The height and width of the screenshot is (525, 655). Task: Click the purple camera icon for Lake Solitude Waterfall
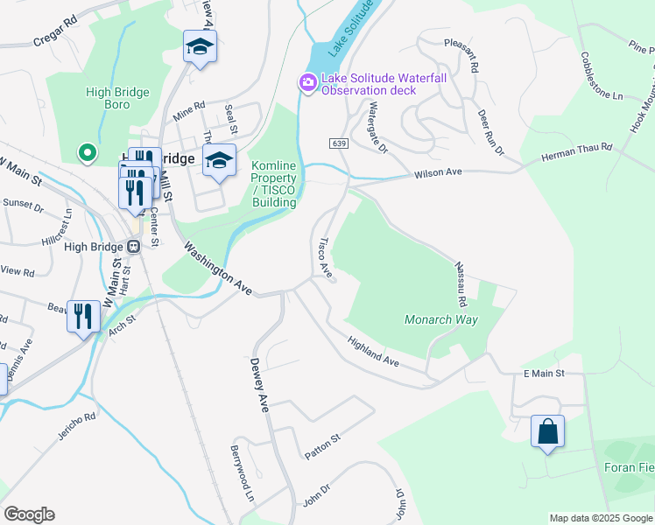click(307, 83)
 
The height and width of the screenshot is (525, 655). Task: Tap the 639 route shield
click(339, 143)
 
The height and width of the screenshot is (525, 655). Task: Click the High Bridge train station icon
click(135, 247)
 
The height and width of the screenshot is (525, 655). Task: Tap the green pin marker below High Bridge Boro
click(87, 154)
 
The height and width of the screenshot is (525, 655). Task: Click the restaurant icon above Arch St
click(83, 315)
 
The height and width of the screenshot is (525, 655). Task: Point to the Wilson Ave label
click(438, 173)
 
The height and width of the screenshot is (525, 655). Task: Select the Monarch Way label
click(441, 319)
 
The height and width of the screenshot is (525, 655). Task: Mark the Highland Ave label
click(373, 350)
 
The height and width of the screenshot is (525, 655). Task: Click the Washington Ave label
click(217, 269)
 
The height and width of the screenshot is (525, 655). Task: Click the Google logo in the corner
click(29, 514)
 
